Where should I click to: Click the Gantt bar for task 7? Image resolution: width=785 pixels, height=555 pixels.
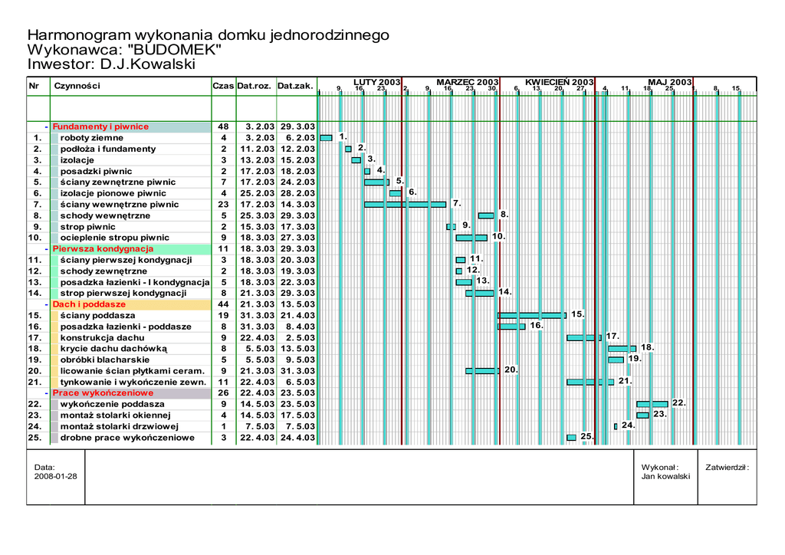[x=405, y=204]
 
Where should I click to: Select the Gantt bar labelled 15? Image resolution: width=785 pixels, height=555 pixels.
[x=531, y=315]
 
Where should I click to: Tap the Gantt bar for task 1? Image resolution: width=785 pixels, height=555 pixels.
[x=326, y=138]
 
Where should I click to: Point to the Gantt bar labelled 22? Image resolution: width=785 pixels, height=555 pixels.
[x=652, y=403]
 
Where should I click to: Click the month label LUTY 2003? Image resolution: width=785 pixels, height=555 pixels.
[x=377, y=82]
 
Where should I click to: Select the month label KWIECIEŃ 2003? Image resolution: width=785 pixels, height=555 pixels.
[x=560, y=82]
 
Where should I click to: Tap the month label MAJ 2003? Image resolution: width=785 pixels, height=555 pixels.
[x=669, y=82]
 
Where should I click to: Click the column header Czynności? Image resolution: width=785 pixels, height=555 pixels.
[x=77, y=86]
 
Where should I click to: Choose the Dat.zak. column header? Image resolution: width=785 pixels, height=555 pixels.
[x=295, y=86]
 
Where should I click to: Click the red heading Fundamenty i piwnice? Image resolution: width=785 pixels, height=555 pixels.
[x=100, y=126]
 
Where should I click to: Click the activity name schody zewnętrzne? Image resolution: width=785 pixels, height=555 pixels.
[x=103, y=271]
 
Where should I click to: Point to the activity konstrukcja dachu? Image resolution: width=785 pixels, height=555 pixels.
[x=102, y=337]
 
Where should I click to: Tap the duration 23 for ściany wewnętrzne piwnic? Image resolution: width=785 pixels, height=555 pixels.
[x=224, y=205]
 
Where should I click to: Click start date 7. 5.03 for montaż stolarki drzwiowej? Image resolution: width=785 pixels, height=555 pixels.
[x=256, y=426]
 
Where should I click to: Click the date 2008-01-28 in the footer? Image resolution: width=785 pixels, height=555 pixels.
[x=56, y=476]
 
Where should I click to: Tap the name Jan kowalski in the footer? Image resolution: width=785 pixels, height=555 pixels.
[x=665, y=476]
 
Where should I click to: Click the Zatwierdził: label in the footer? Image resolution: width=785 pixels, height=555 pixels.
[x=727, y=467]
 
